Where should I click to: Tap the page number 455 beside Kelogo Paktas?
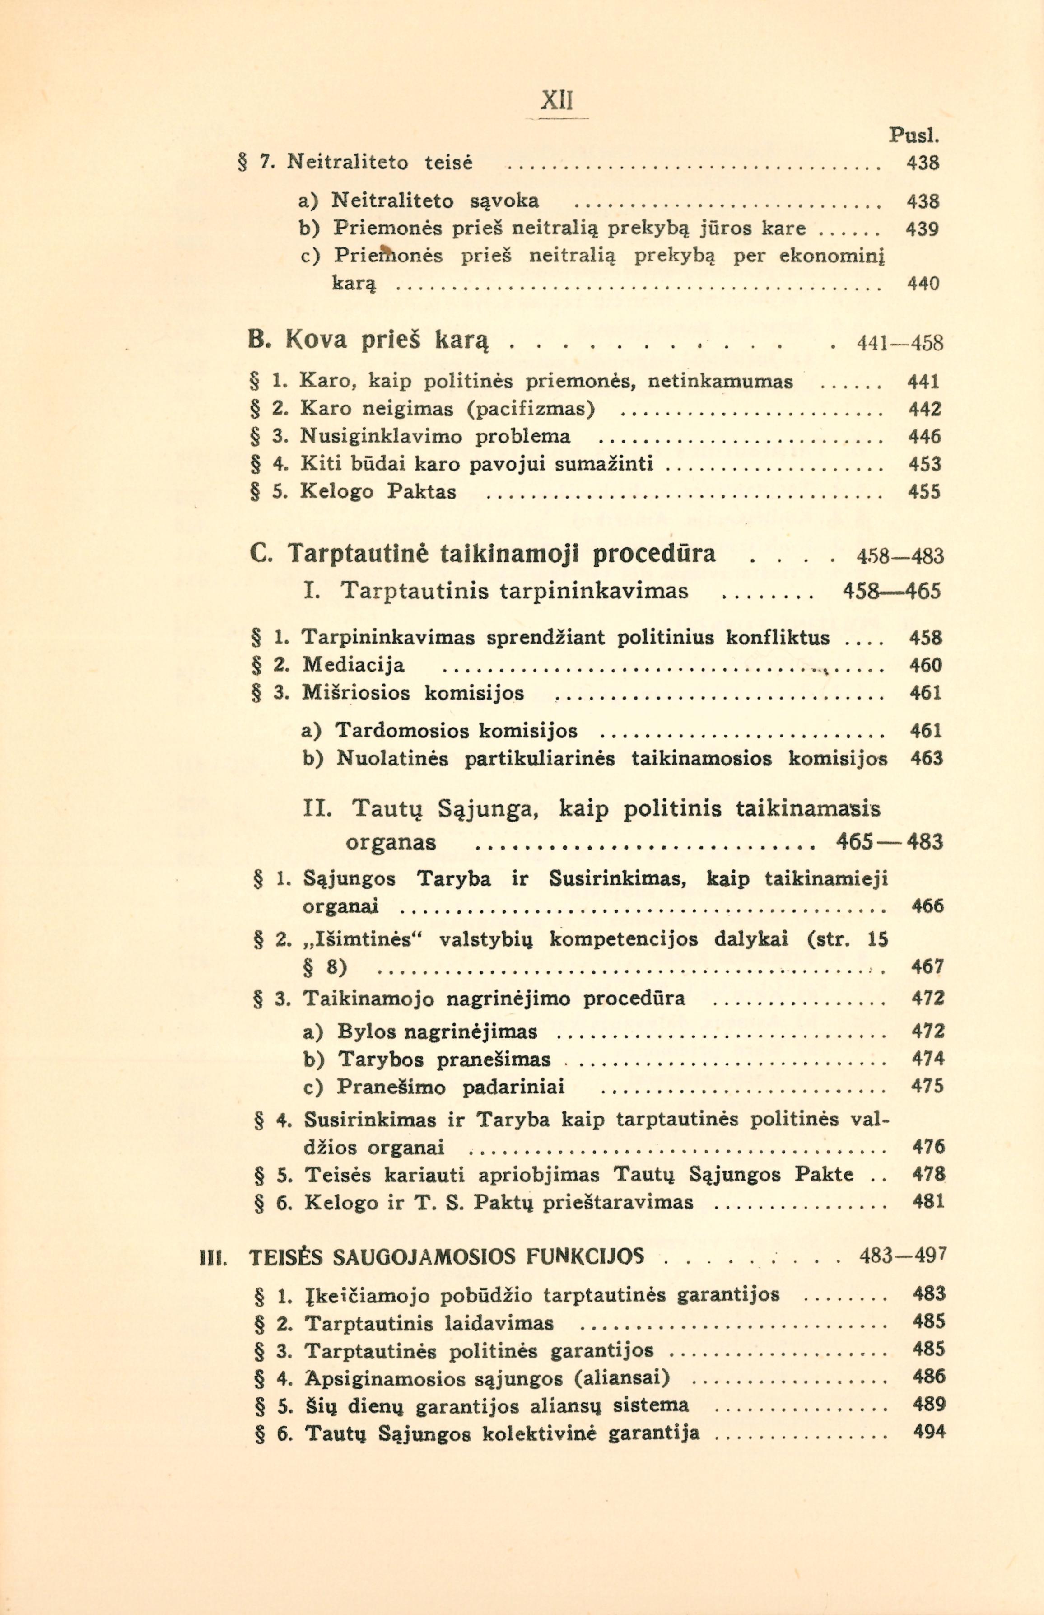(924, 491)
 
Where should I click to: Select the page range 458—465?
(891, 591)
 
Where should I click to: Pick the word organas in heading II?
(391, 843)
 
